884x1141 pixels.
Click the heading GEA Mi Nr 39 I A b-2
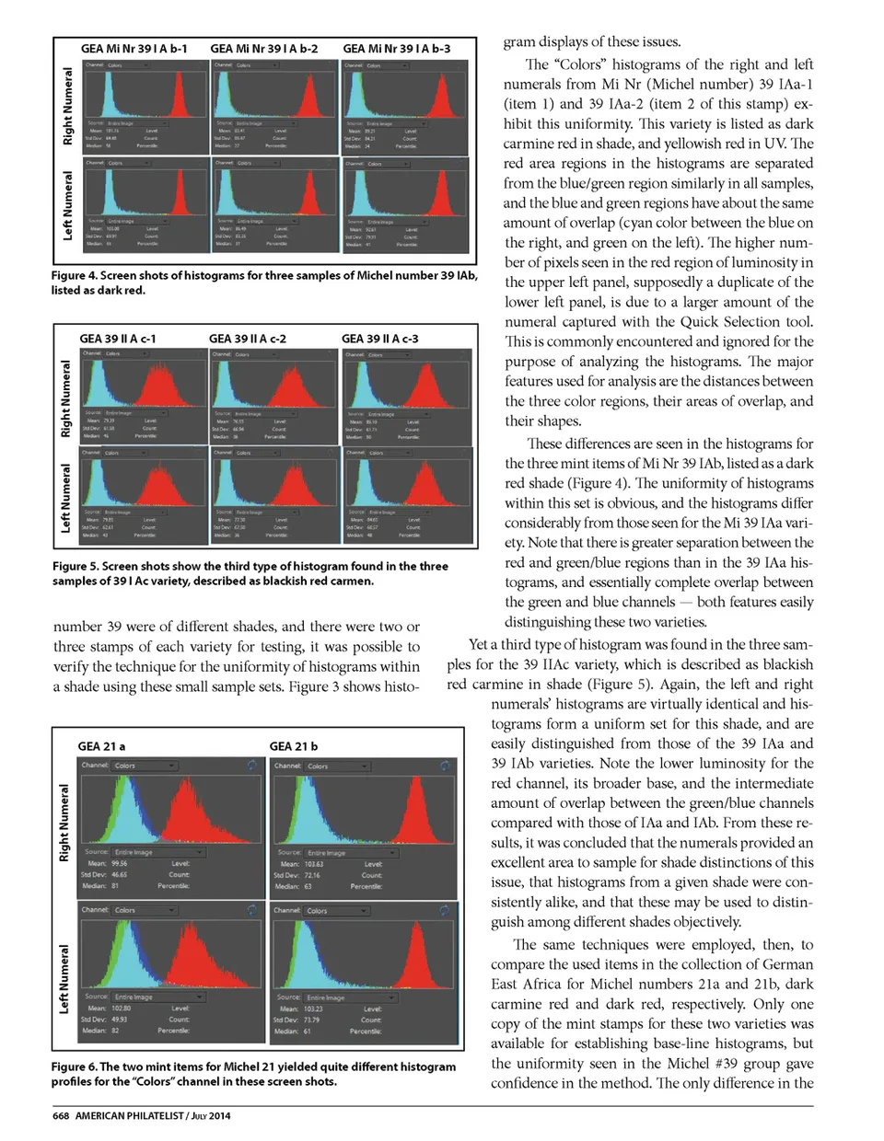(264, 49)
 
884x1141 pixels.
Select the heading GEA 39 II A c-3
(379, 339)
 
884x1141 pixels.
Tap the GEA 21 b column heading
(293, 746)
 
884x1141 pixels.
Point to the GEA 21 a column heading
(101, 746)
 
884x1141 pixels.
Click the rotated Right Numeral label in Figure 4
(67, 105)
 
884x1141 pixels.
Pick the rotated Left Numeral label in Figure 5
(66, 497)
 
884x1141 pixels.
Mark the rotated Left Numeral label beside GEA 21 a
(64, 979)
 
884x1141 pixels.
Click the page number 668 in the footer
(61, 1115)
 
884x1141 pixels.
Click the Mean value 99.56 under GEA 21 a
(120, 863)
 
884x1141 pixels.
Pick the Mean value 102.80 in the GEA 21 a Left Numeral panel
(121, 1008)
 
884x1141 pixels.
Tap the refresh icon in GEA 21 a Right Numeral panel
(250, 765)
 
